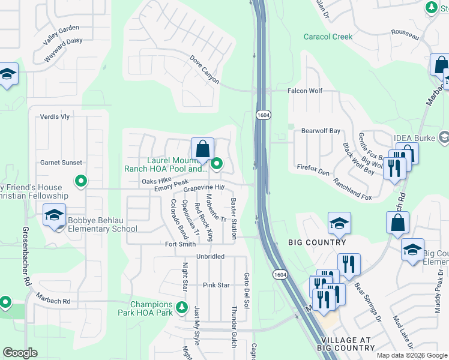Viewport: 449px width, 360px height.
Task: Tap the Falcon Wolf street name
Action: point(305,91)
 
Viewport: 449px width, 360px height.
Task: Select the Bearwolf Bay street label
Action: point(321,130)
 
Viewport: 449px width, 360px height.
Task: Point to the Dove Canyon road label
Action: point(204,70)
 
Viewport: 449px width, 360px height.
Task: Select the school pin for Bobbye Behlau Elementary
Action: point(54,216)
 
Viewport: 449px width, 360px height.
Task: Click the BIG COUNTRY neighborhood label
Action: point(317,242)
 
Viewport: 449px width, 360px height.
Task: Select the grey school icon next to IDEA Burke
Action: point(443,138)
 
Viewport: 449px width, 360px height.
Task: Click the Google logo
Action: point(20,353)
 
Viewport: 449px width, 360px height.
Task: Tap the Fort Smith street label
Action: point(181,244)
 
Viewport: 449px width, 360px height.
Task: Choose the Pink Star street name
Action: point(216,285)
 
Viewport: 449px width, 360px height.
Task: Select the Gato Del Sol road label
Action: point(246,284)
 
